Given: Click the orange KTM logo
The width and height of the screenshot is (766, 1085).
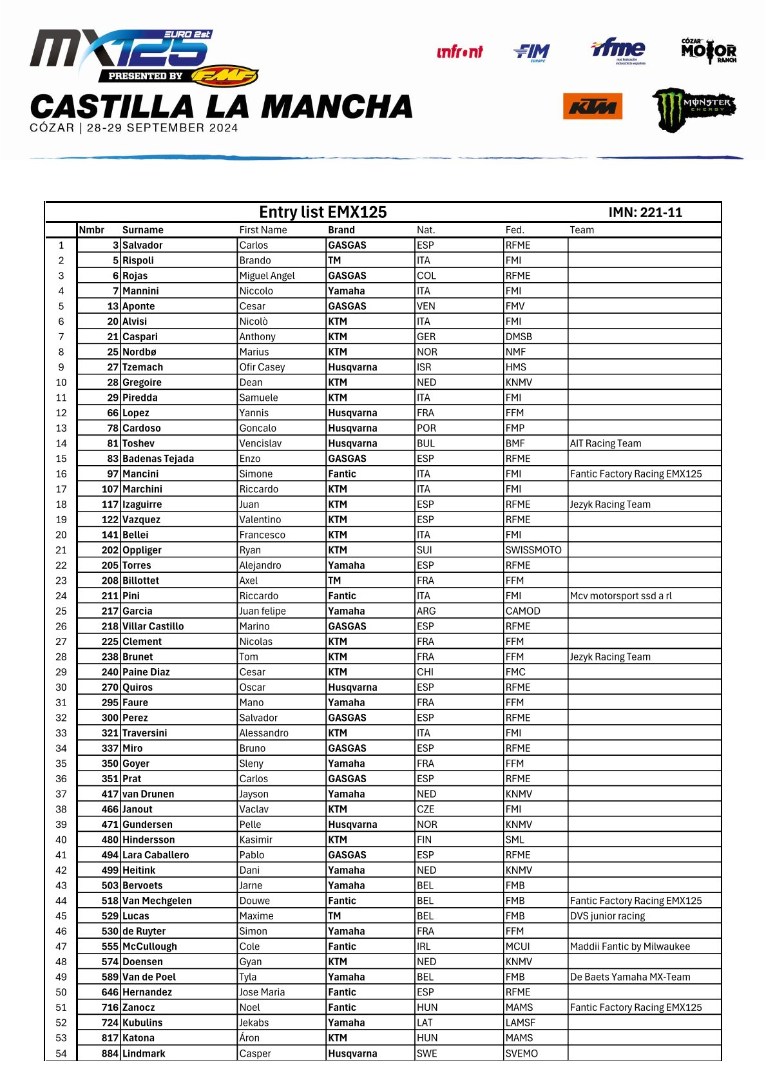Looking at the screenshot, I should pyautogui.click(x=593, y=106).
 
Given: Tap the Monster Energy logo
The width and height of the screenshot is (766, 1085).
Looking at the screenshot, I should pyautogui.click(x=693, y=108).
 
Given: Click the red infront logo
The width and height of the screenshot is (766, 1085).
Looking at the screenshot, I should pyautogui.click(x=459, y=52).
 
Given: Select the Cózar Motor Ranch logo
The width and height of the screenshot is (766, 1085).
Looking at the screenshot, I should pyautogui.click(x=709, y=51).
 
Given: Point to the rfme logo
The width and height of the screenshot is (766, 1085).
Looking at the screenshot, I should pyautogui.click(x=618, y=50).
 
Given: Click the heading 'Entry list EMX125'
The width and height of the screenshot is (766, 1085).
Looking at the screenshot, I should pyautogui.click(x=323, y=213).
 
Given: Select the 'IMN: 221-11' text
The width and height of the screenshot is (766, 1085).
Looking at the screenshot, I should pyautogui.click(x=645, y=213).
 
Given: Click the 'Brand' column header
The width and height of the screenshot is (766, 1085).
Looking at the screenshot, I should pyautogui.click(x=341, y=230).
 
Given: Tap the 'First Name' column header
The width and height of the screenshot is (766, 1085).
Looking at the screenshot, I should pyautogui.click(x=263, y=230).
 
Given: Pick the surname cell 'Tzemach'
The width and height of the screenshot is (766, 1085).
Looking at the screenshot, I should pyautogui.click(x=143, y=367).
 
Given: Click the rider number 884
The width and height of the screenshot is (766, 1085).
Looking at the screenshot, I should pyautogui.click(x=110, y=1053).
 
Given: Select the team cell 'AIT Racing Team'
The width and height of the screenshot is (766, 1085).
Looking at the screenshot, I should pyautogui.click(x=606, y=443).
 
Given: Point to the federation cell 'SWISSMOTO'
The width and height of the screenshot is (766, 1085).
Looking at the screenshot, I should pyautogui.click(x=533, y=550).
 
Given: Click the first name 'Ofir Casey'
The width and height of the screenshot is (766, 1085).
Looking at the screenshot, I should pyautogui.click(x=262, y=367).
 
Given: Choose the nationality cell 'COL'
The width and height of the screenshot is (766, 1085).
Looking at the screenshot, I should pyautogui.click(x=426, y=276).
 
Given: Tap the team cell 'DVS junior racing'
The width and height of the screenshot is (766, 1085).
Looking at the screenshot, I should pyautogui.click(x=608, y=916).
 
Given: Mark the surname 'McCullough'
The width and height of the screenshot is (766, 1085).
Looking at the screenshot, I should pyautogui.click(x=149, y=946).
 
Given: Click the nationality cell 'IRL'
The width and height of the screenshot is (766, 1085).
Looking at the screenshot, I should pyautogui.click(x=423, y=946).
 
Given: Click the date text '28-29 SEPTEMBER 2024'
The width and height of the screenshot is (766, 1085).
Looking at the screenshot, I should pyautogui.click(x=162, y=128).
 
